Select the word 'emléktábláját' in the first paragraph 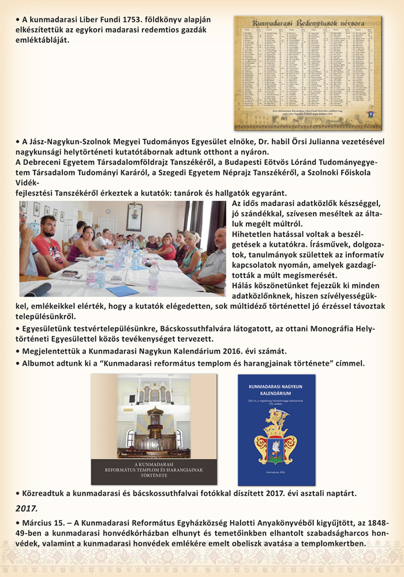(x=43, y=40)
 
